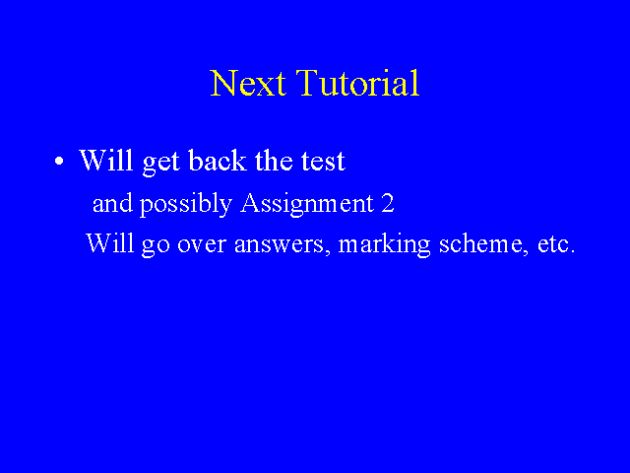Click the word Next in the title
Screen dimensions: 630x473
[248, 83]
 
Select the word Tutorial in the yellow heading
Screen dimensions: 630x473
[357, 83]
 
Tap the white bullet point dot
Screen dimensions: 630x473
[59, 162]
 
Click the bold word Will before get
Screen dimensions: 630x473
[105, 160]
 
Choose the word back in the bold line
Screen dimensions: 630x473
[217, 160]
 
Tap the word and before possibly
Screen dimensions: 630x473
[112, 203]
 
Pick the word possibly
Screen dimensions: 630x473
[186, 204]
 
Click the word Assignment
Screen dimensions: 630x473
[307, 204]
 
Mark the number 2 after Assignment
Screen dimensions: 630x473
[388, 203]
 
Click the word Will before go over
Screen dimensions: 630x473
[109, 242]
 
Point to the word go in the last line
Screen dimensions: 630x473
[156, 246]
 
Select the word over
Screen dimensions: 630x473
[202, 245]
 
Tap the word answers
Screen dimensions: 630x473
[279, 245]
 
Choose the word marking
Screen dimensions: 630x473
[384, 244]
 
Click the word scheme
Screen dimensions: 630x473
[480, 242]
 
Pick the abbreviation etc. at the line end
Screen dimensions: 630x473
[556, 244]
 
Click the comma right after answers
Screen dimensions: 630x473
[328, 252]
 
